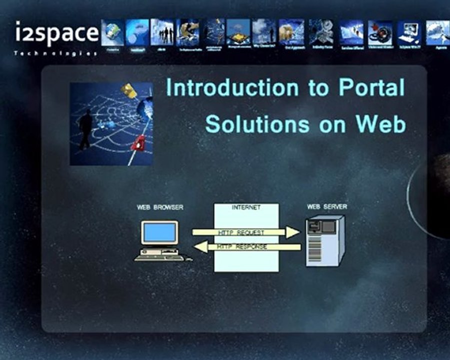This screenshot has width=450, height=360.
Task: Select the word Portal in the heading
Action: [x=371, y=88]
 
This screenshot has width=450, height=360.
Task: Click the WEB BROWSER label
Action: [x=160, y=207]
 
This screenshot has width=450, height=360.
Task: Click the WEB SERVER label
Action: [x=326, y=206]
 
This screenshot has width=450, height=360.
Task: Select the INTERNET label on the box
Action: [x=246, y=207]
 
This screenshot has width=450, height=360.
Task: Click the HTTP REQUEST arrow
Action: [x=245, y=232]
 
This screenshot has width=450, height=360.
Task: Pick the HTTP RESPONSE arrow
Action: [x=247, y=247]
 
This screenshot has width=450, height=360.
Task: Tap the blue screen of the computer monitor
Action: [x=160, y=232]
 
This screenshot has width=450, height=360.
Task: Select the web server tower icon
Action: [x=324, y=240]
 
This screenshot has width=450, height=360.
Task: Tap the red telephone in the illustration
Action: [x=138, y=142]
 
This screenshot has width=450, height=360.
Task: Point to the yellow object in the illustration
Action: [x=129, y=90]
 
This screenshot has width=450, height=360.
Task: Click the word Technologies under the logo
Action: [x=55, y=53]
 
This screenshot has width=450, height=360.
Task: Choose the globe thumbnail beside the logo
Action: [x=112, y=32]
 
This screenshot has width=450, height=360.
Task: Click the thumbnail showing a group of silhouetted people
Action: [x=162, y=32]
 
